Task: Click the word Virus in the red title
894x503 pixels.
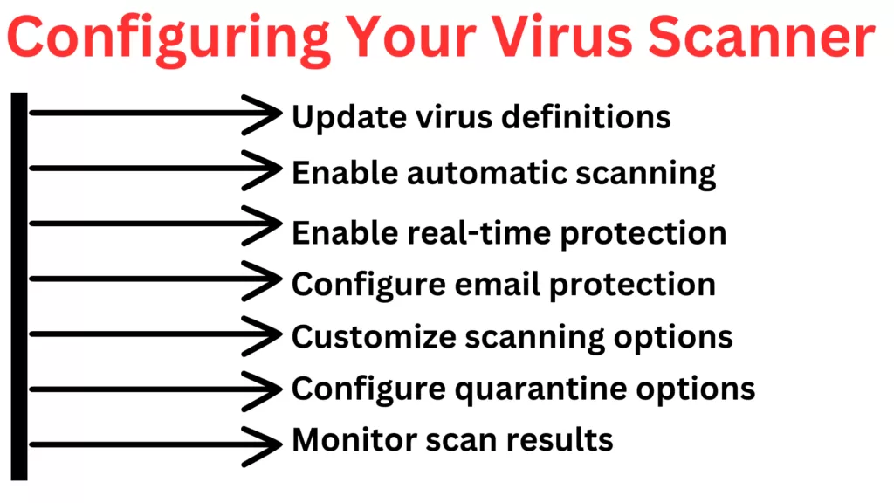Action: (x=561, y=37)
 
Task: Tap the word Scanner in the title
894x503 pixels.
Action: (x=761, y=37)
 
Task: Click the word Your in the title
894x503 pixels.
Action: (x=410, y=37)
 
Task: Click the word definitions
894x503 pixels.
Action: (x=586, y=116)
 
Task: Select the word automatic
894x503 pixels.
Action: (x=487, y=172)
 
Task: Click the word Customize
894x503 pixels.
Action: (x=374, y=336)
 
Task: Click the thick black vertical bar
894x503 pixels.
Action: (x=19, y=286)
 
